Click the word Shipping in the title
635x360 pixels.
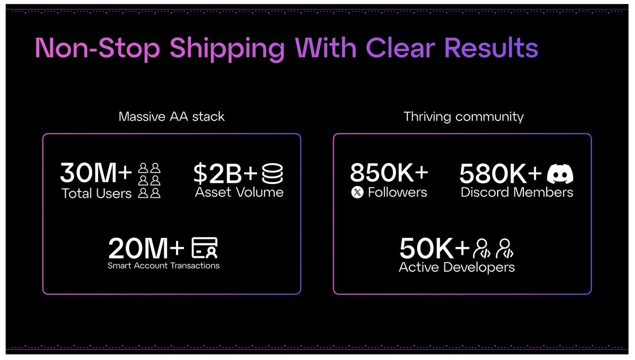227,49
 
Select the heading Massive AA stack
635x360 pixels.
172,117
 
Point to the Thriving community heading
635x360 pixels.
463,117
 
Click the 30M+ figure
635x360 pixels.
96,173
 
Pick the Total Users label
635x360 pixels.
97,193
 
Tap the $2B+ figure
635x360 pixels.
225,173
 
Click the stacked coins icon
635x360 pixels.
272,174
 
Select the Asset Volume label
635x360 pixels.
239,192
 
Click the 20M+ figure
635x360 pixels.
146,248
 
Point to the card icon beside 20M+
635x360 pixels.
204,248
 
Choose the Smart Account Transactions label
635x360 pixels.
164,266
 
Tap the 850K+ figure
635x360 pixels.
389,173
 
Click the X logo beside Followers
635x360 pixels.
357,192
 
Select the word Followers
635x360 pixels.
397,192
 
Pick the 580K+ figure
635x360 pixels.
501,173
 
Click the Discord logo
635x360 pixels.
560,174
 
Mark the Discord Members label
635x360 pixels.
517,192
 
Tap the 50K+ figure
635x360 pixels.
434,248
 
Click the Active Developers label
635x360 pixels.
457,267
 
